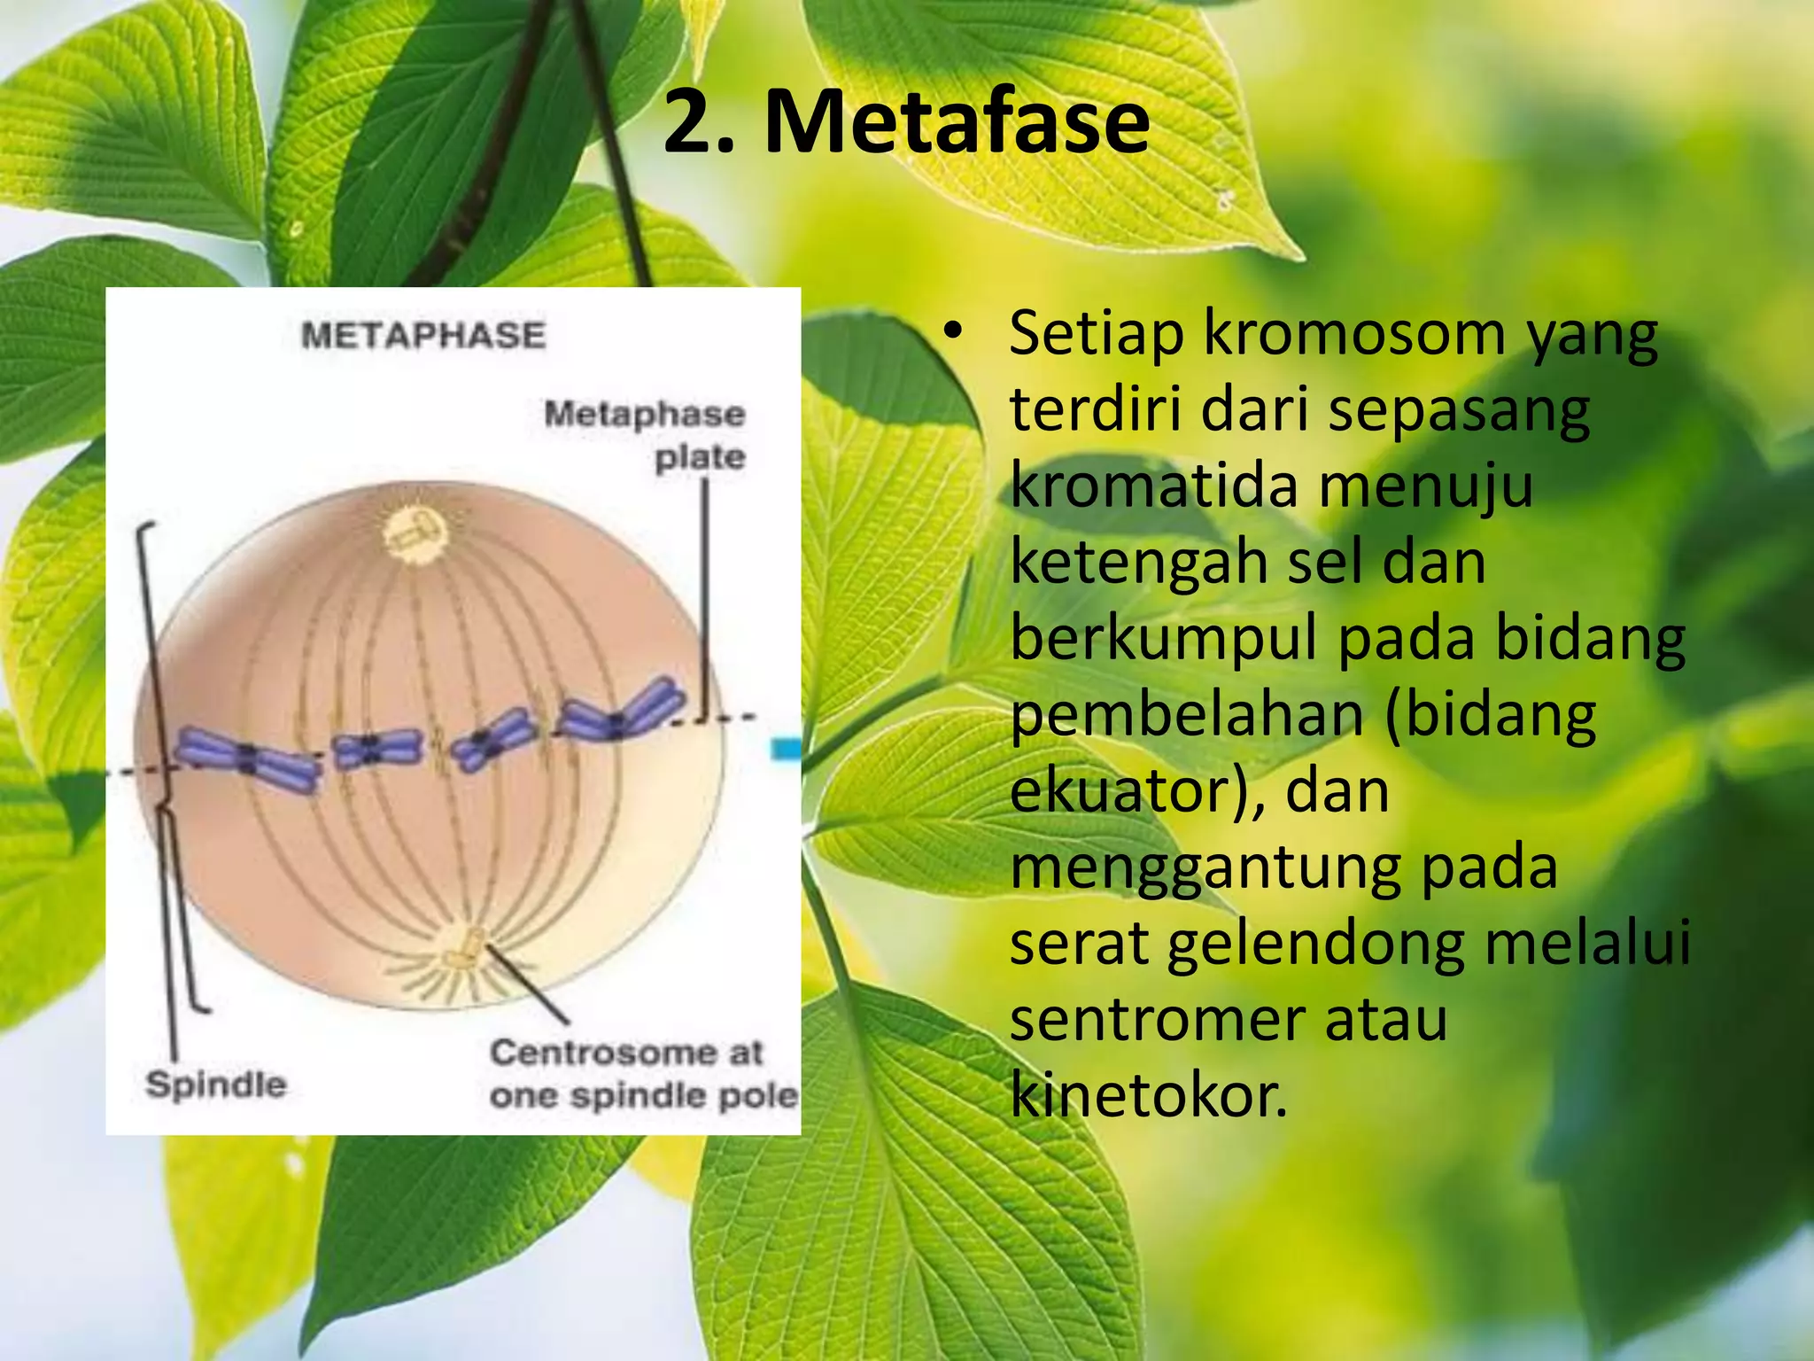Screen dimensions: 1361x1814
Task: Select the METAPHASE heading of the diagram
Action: pos(423,336)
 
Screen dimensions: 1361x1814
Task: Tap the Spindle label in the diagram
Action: pos(215,1085)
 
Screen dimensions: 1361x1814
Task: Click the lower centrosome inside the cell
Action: pos(464,949)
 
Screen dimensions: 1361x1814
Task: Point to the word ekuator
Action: pos(1120,790)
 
